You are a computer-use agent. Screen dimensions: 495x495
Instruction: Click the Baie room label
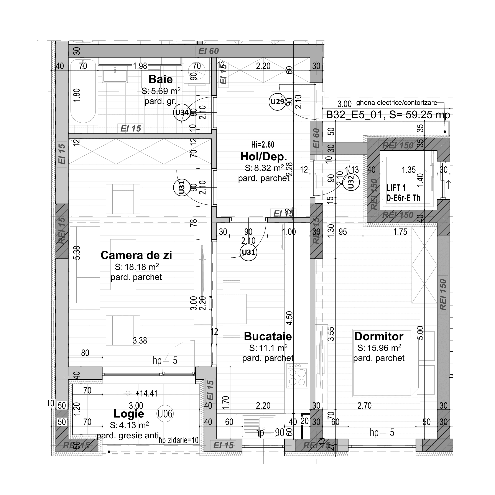[160, 79]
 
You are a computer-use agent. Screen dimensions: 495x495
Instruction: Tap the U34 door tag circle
[182, 112]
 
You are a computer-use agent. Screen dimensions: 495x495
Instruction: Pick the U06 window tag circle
[165, 414]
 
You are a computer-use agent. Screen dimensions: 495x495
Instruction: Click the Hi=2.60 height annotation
[263, 145]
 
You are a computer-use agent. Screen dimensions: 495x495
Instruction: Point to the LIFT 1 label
[396, 188]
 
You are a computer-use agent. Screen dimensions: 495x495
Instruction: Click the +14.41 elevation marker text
[146, 393]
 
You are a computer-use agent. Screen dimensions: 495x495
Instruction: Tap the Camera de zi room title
[136, 255]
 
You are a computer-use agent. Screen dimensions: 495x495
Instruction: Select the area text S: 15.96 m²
[379, 348]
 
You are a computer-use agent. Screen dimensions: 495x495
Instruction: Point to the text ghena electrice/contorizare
[397, 103]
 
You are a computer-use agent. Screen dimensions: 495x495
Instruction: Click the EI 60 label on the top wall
[208, 51]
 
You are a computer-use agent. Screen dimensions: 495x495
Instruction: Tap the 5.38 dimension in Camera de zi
[77, 253]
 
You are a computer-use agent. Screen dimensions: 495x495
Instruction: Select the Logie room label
[129, 414]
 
